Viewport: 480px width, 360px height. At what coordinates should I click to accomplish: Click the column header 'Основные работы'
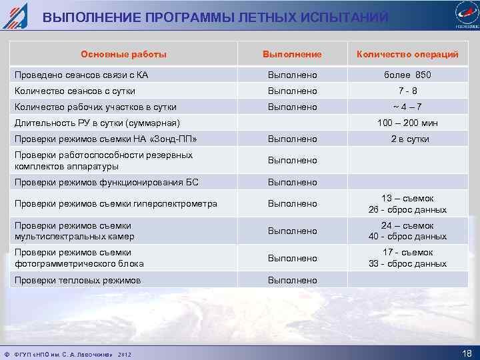pos(123,54)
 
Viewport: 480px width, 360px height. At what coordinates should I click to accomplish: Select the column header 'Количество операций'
pos(407,54)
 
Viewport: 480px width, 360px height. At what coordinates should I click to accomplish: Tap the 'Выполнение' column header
pos(292,54)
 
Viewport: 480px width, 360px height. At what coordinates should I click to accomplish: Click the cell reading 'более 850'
pos(407,75)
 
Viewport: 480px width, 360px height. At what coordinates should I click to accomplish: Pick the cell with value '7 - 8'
pos(407,91)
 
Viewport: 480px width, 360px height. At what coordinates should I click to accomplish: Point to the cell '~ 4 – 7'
pos(407,107)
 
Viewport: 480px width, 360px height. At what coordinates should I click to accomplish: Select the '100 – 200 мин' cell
pos(407,123)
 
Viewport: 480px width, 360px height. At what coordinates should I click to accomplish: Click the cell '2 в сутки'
pos(407,139)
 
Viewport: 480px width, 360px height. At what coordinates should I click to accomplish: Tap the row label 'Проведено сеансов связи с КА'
pos(81,75)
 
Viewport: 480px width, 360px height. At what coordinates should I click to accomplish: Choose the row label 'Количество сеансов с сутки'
pos(75,91)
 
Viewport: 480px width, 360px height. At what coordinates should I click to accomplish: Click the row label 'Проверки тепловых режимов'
pos(77,280)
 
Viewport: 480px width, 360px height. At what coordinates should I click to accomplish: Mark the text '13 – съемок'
pos(407,198)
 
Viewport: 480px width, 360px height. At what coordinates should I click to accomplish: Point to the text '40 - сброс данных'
pos(407,236)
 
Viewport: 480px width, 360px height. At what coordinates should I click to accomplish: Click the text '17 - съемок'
pos(407,252)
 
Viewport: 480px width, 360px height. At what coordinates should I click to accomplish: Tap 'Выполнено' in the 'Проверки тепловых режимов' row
pos(292,280)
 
